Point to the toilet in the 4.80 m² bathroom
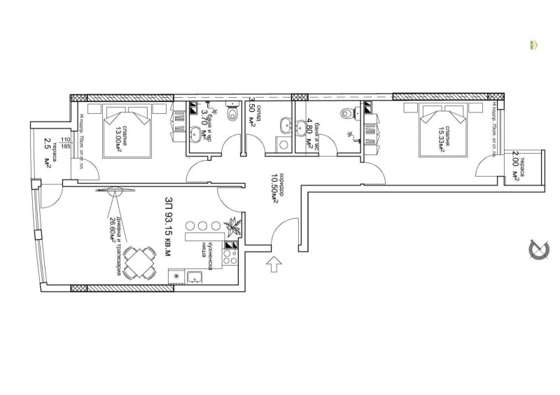[347, 113]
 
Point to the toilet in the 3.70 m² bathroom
[213, 110]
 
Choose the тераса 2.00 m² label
[515, 168]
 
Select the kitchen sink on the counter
[196, 278]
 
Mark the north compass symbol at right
[540, 250]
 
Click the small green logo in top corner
[533, 45]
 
